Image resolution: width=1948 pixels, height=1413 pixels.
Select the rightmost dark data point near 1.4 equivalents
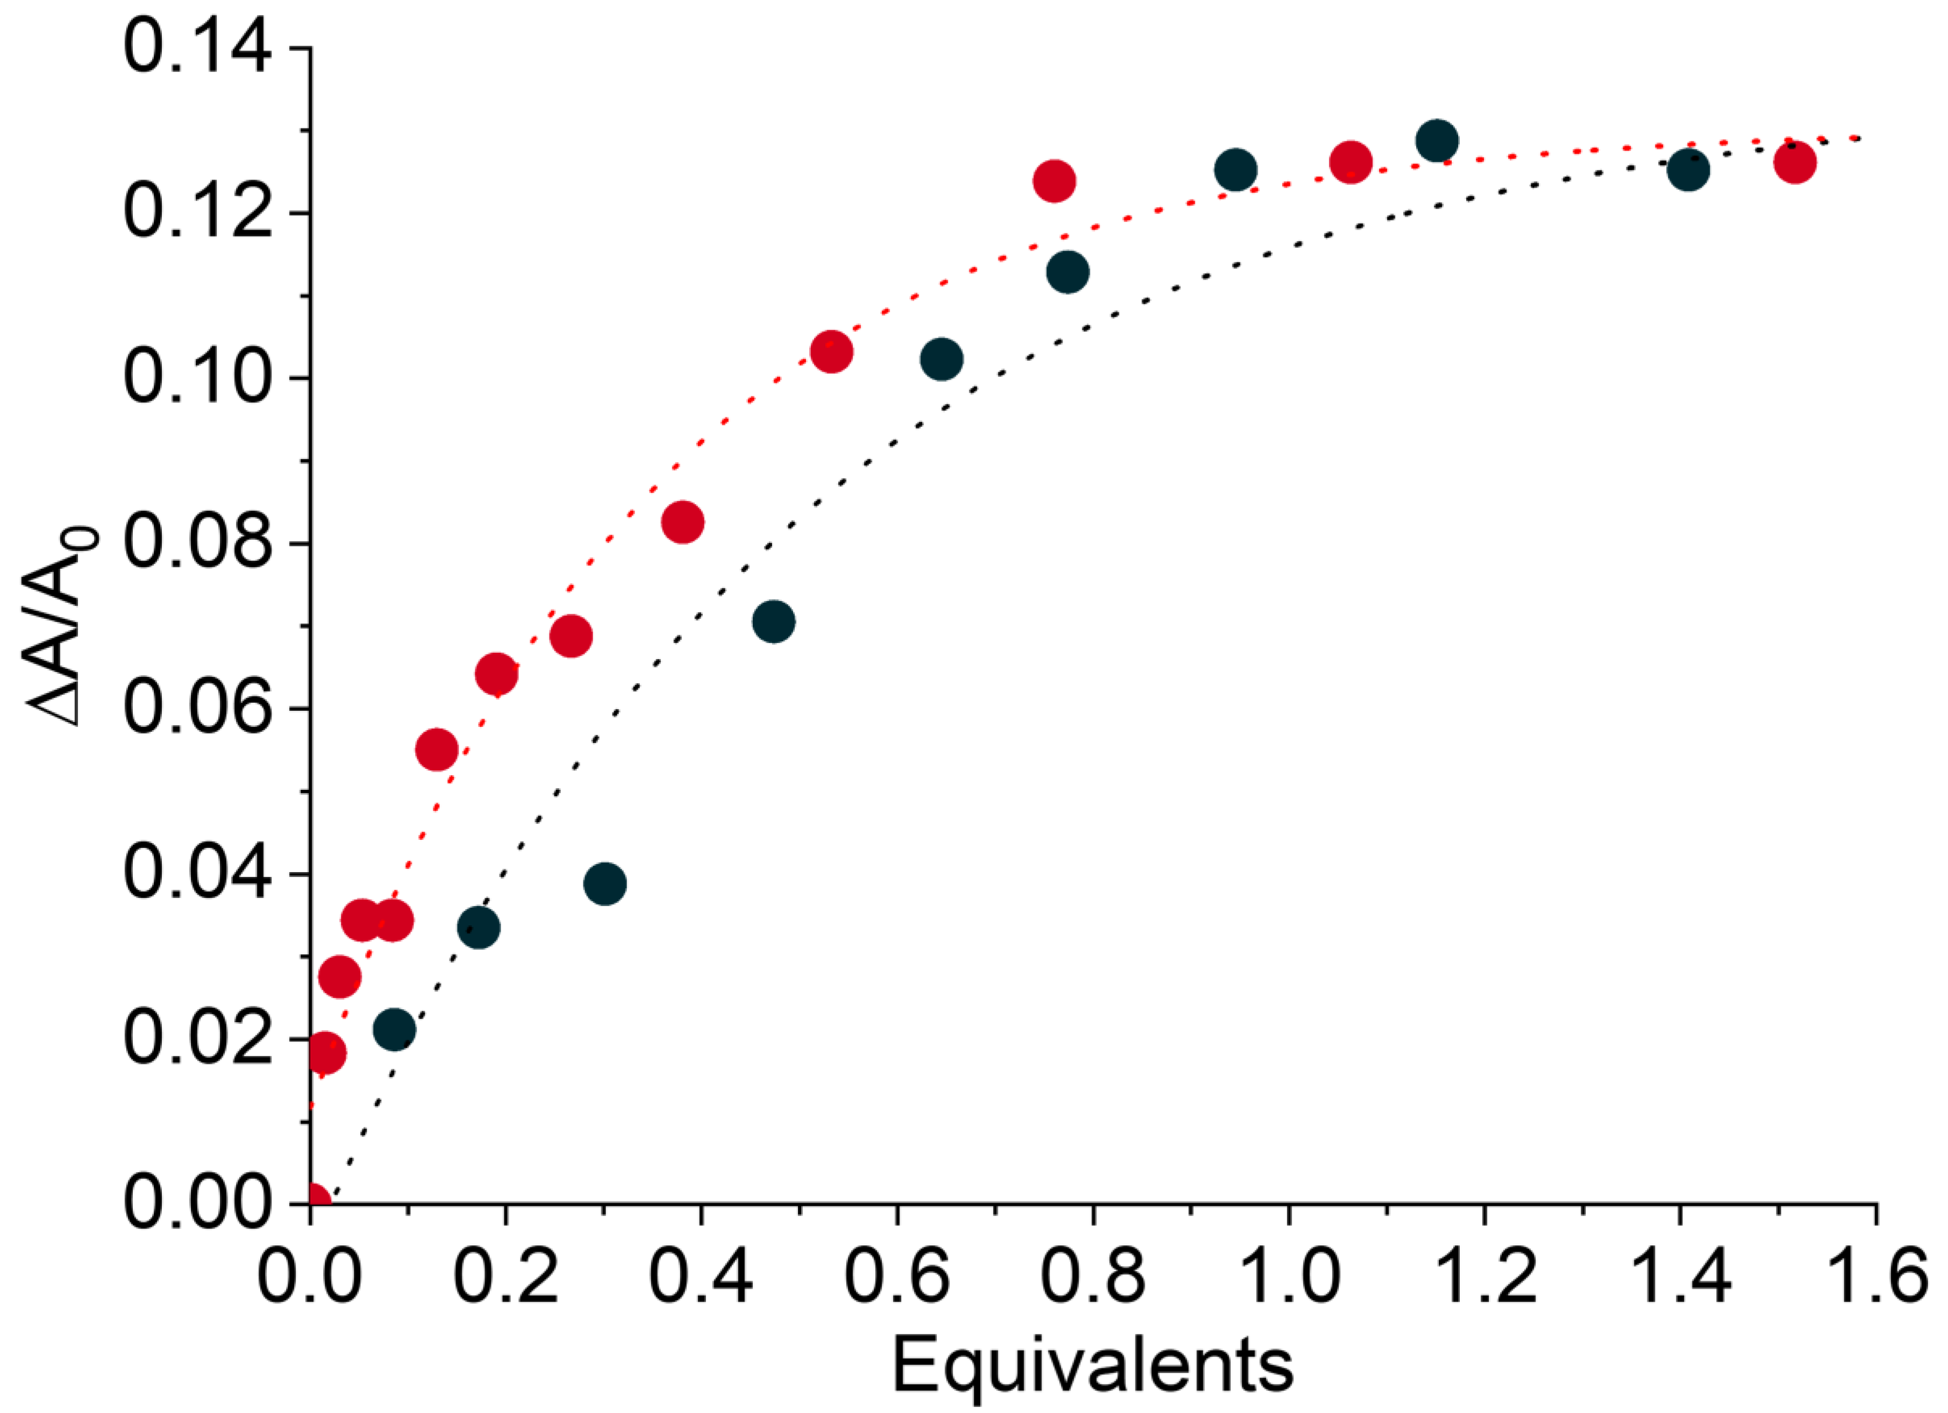tap(1688, 170)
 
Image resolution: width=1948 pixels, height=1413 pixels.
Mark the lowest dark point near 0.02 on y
tap(394, 1029)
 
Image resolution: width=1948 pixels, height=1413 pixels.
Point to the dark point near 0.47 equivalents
tap(773, 621)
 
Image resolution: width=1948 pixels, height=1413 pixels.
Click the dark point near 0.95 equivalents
tap(1235, 170)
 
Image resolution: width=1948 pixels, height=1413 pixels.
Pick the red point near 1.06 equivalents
tap(1350, 161)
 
